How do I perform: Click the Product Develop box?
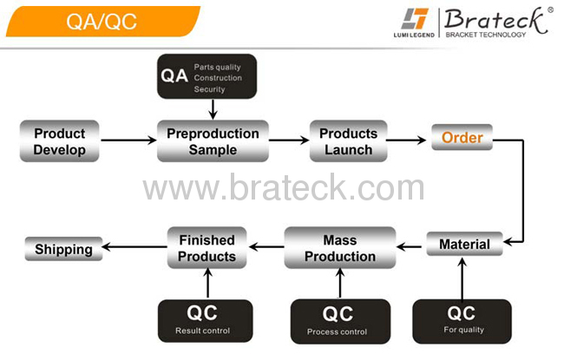click(x=59, y=141)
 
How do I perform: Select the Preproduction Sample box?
click(x=213, y=141)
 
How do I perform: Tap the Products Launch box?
click(x=348, y=141)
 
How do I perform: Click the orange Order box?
click(x=462, y=137)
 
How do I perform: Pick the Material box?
click(x=464, y=244)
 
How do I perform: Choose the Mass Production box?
click(x=340, y=248)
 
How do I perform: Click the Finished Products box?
click(x=207, y=248)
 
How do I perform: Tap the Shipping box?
click(x=63, y=249)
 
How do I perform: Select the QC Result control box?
click(x=205, y=321)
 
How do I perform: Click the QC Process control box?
click(x=340, y=322)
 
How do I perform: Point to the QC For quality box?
click(x=462, y=322)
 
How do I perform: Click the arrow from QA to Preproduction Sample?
click(x=213, y=109)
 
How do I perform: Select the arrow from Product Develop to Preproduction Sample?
click(x=128, y=140)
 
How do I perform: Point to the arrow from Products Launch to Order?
click(x=406, y=140)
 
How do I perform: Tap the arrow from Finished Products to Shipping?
click(x=134, y=246)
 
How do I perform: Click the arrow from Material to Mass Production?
click(x=409, y=246)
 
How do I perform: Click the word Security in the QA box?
click(x=209, y=89)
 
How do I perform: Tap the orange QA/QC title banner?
click(x=103, y=21)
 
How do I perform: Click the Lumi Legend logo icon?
click(x=415, y=19)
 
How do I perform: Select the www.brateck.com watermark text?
click(x=284, y=187)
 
